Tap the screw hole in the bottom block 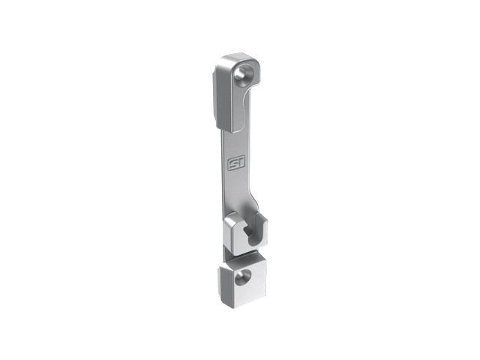coord(243,277)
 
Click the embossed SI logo coord(235,165)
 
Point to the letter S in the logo coord(233,165)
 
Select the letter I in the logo coord(238,164)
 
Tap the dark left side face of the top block coord(217,98)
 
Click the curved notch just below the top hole coord(248,88)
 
